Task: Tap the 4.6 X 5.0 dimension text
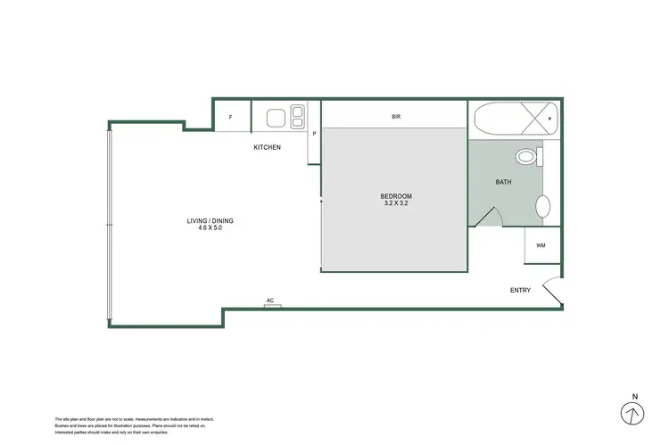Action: pyautogui.click(x=211, y=228)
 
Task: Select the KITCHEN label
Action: pyautogui.click(x=267, y=147)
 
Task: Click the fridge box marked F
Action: pyautogui.click(x=231, y=117)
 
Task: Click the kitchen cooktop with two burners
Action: pyautogui.click(x=298, y=116)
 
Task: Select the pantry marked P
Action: pyautogui.click(x=314, y=134)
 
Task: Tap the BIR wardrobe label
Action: pyautogui.click(x=395, y=116)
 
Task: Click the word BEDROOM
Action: pyautogui.click(x=394, y=196)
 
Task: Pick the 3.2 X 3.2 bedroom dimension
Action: pyautogui.click(x=394, y=204)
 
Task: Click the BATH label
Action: pyautogui.click(x=503, y=182)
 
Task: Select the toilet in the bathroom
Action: pyautogui.click(x=529, y=158)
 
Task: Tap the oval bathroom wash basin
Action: pyautogui.click(x=541, y=208)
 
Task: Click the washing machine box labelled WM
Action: pyautogui.click(x=541, y=246)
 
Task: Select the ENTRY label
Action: pyautogui.click(x=520, y=290)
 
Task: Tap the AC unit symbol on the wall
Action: pyautogui.click(x=272, y=305)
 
